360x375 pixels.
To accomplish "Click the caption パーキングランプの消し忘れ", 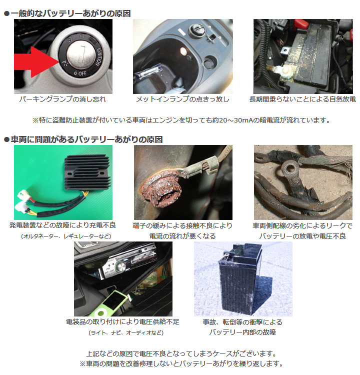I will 63,99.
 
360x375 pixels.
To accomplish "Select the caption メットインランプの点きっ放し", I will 183,99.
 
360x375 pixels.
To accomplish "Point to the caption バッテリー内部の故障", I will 242,332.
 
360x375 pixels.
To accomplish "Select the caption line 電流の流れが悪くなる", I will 182,236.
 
